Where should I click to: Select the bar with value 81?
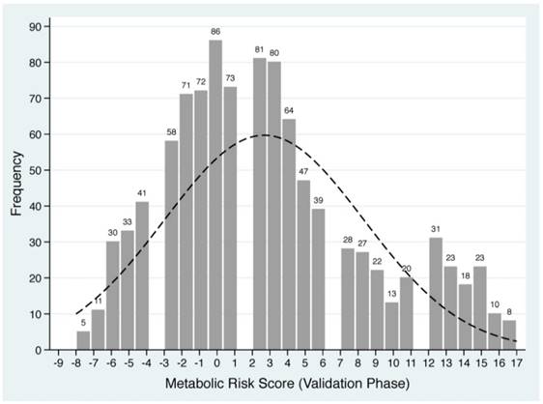pos(260,204)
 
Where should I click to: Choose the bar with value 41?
pos(142,275)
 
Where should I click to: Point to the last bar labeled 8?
pos(509,334)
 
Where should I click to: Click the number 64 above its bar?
pos(289,110)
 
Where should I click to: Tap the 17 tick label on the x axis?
pos(517,364)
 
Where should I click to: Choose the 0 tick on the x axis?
pos(217,364)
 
